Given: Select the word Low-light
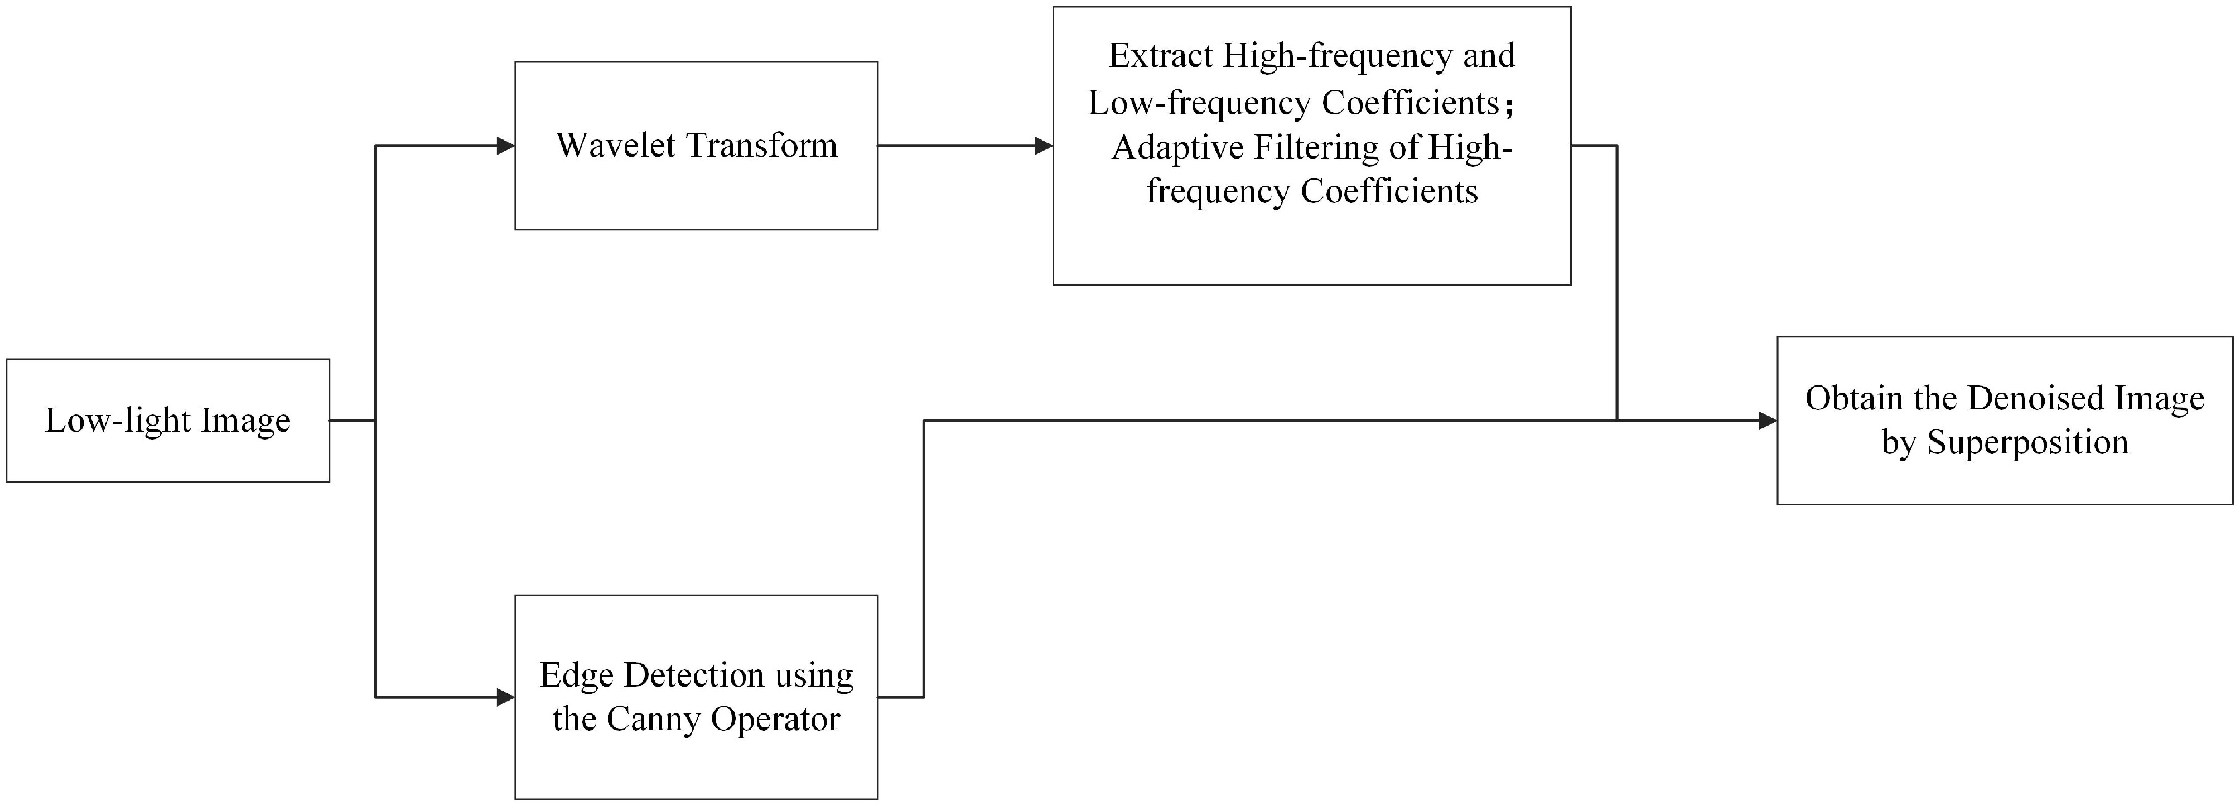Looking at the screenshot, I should click(117, 421).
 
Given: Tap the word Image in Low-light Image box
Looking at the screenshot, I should click(246, 421).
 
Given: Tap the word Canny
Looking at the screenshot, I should click(653, 719).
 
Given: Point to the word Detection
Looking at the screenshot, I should click(694, 675).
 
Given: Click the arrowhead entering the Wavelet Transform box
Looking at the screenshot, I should click(505, 146).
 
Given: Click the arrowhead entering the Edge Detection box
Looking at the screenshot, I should click(505, 697).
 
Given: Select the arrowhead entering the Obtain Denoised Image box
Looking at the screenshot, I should click(1767, 421).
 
